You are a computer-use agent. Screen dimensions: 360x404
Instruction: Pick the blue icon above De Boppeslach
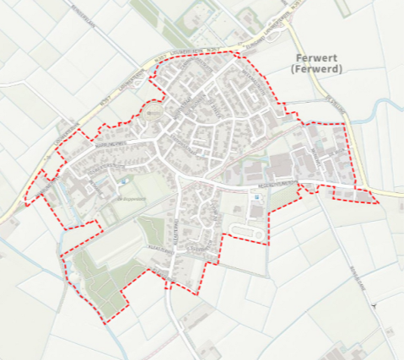point(125,181)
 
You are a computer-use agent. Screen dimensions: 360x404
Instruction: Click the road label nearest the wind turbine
point(354,278)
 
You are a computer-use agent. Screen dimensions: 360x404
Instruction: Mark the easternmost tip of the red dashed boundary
point(378,202)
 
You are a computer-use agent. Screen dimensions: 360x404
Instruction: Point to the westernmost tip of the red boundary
point(24,202)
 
